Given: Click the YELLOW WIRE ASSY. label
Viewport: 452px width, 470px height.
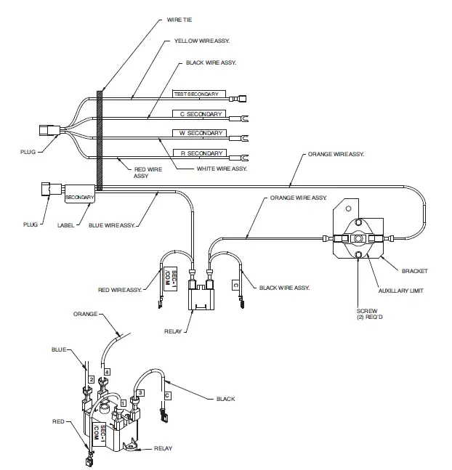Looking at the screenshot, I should click(207, 42).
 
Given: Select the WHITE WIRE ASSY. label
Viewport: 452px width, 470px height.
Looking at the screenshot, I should click(222, 169).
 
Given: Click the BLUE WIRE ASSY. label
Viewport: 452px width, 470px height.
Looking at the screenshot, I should click(112, 225).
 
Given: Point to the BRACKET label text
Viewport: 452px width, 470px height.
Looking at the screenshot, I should click(416, 271).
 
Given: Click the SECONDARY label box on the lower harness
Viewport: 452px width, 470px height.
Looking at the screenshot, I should click(79, 197).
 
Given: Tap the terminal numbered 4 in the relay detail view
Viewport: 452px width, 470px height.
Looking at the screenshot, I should click(107, 372).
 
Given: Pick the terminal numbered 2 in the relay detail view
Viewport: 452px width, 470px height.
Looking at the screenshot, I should click(91, 378).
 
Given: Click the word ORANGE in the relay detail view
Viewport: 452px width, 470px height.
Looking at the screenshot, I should click(86, 315).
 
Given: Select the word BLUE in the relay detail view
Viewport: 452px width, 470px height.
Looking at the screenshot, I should click(59, 349).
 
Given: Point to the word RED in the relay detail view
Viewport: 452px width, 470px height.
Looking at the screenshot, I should click(58, 421).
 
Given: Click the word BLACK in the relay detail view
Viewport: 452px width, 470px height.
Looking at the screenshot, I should click(225, 399).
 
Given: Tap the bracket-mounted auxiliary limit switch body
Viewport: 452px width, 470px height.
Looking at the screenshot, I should click(358, 238).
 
